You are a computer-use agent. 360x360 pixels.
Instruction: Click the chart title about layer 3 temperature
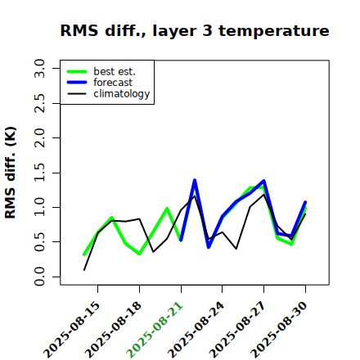click(195, 30)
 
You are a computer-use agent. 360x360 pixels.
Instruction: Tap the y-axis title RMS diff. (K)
click(11, 173)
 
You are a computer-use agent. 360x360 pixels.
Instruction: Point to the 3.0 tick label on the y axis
click(39, 68)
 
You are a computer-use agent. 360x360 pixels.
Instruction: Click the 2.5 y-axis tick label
click(39, 103)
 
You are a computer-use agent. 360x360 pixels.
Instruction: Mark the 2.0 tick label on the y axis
click(39, 137)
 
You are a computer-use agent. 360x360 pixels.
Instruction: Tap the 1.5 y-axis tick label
click(39, 173)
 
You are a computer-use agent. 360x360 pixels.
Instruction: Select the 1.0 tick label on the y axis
click(39, 207)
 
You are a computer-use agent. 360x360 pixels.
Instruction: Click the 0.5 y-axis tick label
click(39, 242)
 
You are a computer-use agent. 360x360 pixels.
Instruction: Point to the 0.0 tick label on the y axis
click(39, 277)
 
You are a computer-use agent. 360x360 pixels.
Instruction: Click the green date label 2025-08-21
click(155, 330)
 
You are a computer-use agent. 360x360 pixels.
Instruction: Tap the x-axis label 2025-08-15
click(71, 330)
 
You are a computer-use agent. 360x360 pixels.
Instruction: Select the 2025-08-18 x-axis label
click(113, 330)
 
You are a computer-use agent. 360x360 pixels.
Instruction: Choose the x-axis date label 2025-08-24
click(196, 330)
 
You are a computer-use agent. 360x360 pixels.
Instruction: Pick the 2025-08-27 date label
click(237, 330)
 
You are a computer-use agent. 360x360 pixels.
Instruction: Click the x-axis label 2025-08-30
click(279, 330)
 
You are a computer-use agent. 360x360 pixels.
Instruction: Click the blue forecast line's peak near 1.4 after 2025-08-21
click(195, 180)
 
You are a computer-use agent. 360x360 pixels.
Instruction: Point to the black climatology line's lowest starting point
click(84, 270)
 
